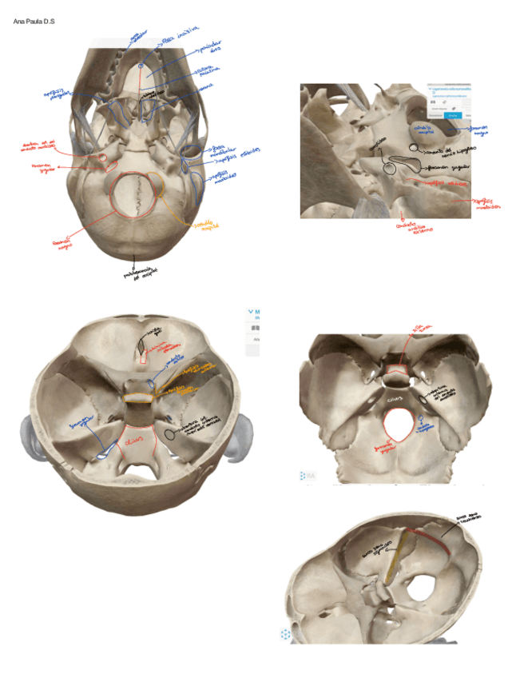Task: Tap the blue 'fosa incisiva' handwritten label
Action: coord(179,38)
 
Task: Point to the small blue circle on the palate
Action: coord(141,63)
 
